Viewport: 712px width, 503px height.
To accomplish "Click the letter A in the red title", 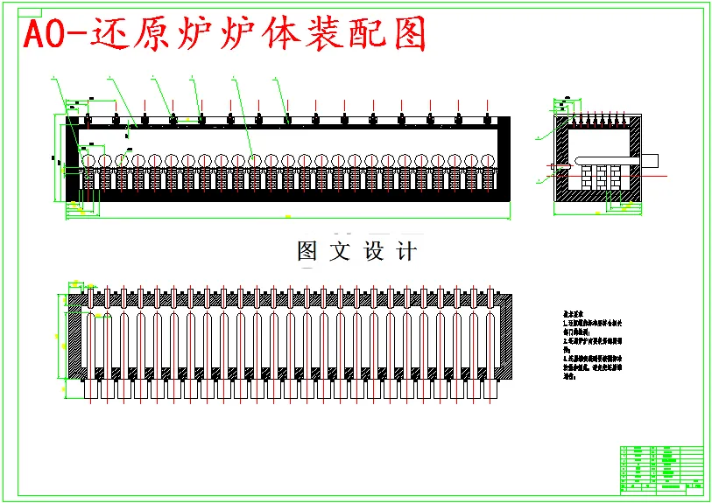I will (x=35, y=35).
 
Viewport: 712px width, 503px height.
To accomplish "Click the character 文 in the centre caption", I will (x=340, y=252).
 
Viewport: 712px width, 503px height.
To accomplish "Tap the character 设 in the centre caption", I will (x=374, y=252).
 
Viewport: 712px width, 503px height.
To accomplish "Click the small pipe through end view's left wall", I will (x=553, y=165).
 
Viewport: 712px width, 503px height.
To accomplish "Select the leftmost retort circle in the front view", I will (x=88, y=160).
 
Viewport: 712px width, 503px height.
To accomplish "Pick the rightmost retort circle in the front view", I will (x=488, y=160).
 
